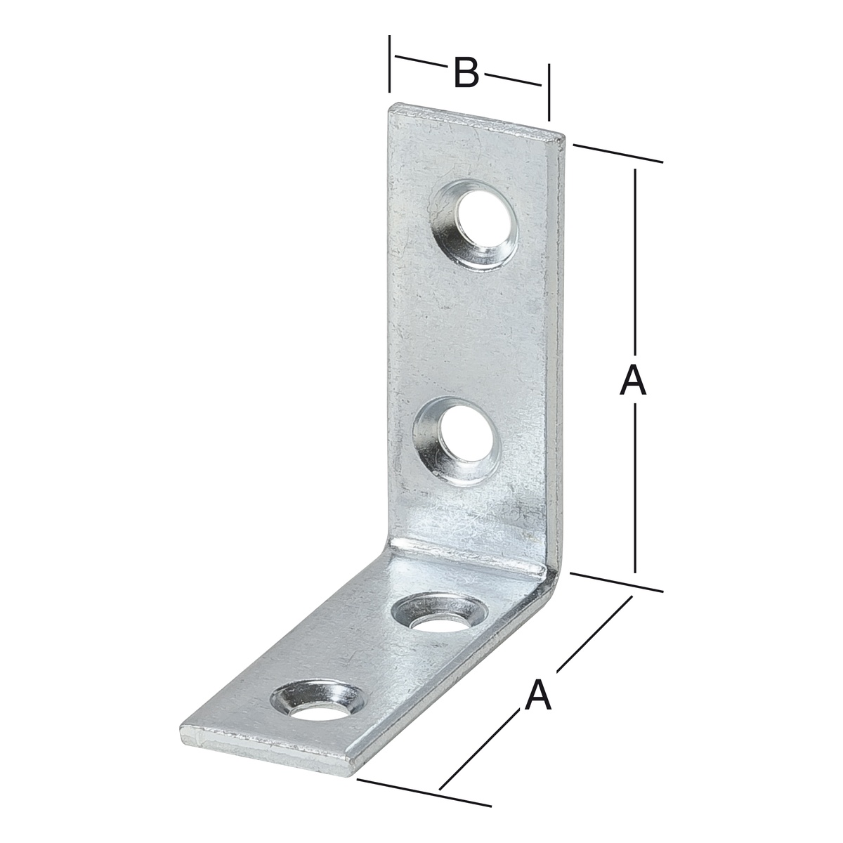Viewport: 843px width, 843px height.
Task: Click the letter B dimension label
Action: click(466, 72)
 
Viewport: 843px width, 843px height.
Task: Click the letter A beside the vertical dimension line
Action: click(632, 381)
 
